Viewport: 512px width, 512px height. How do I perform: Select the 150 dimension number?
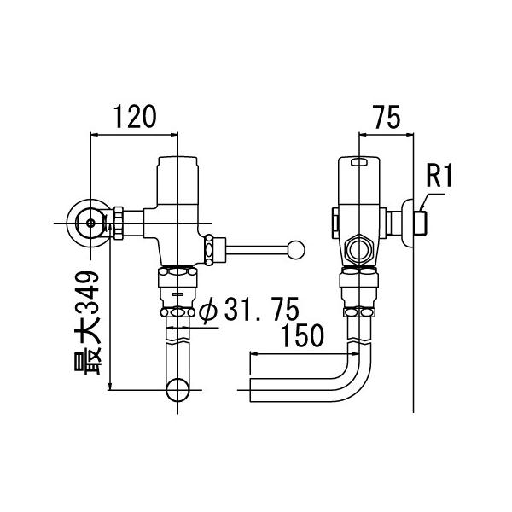(304, 335)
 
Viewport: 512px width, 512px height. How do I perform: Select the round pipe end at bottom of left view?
(177, 392)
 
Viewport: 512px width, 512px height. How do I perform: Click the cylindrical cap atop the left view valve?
(177, 178)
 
